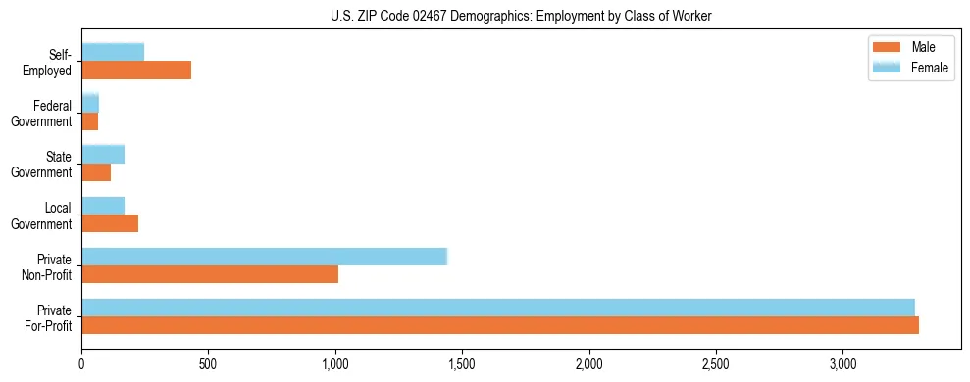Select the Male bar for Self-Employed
(136, 71)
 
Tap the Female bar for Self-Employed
(113, 52)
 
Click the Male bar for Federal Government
(90, 121)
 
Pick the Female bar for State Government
(103, 154)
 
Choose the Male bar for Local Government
(110, 223)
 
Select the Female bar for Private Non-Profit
(264, 257)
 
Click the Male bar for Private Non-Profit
(210, 274)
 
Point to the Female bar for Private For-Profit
(498, 308)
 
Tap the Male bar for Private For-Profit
(500, 325)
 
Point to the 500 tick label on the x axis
(209, 364)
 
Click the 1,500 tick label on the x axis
(462, 364)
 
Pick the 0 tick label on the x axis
(81, 364)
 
